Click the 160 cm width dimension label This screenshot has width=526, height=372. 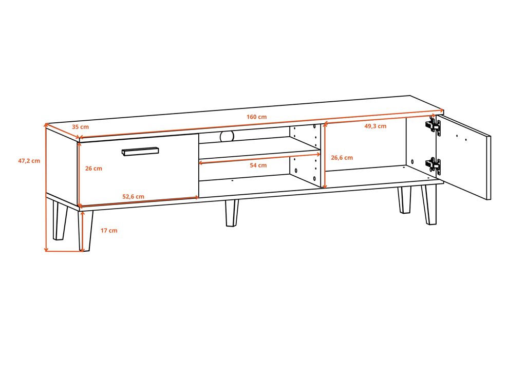coord(257,117)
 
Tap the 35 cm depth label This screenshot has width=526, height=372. coord(81,127)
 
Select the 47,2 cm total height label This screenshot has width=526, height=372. coord(29,161)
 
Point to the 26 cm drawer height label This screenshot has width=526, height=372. coord(93,169)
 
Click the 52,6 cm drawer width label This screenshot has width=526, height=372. coord(133,197)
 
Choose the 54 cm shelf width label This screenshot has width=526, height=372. coord(258,165)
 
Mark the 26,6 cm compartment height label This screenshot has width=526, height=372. coord(342,158)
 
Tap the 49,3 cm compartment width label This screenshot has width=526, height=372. coord(375,126)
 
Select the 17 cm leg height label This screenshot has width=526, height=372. coord(109,231)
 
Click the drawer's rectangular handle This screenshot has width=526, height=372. coord(140,151)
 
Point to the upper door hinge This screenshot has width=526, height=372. coord(433,126)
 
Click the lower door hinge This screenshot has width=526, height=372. coord(433,166)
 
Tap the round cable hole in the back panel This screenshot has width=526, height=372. coord(227,136)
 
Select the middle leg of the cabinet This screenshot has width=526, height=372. coord(232,213)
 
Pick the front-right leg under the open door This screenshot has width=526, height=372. coord(429,204)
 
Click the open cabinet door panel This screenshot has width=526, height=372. coord(464,157)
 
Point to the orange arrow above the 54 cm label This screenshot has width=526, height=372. coord(259,159)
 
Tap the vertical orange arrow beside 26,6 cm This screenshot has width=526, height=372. coord(325,155)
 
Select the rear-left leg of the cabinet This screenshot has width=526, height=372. coord(60,220)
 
